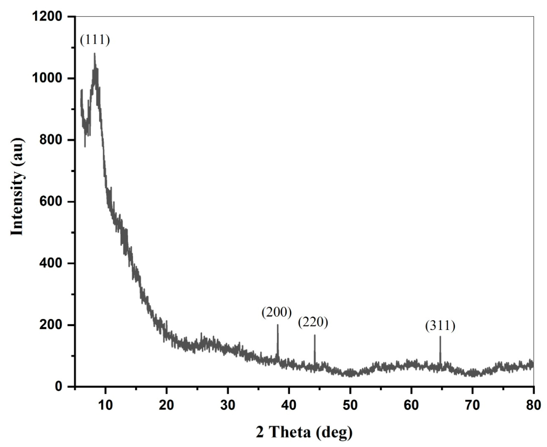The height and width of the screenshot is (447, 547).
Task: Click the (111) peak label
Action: pos(95,40)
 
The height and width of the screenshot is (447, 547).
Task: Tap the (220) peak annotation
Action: pos(313,322)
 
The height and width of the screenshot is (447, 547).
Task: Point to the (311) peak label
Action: pos(440,326)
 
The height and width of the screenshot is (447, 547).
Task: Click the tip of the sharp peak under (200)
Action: pos(278,325)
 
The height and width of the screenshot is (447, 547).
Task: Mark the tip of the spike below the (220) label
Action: pos(315,335)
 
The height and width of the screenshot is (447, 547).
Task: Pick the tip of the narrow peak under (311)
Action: pos(440,337)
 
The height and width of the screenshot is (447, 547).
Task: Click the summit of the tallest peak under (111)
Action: pos(94,53)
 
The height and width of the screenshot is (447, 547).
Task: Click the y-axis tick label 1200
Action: pos(47,17)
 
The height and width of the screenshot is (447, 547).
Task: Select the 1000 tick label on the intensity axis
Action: pos(47,79)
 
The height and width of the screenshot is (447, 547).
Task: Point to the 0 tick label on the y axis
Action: pos(59,386)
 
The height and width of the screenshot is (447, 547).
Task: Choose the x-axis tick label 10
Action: pos(105,405)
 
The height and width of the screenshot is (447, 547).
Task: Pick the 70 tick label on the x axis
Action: pos(473,405)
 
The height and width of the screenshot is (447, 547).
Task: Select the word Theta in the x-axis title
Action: pos(292,433)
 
